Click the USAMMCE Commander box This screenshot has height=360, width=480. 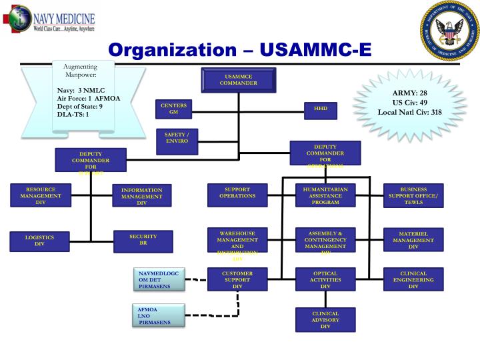coord(238,80)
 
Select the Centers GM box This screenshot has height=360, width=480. coord(174,109)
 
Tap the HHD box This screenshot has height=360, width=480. coord(321,109)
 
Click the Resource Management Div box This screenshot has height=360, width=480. coord(41,196)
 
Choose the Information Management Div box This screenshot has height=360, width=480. coord(142,197)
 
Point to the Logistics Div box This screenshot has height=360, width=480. coord(40,241)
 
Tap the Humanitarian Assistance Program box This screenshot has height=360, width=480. coord(325,196)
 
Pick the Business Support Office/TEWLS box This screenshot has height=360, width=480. coord(413,196)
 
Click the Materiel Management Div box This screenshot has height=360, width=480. coord(413,241)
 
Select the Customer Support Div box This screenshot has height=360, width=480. coord(237,280)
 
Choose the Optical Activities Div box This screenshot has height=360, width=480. coord(325,280)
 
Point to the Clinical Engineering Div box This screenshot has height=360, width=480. coord(413,280)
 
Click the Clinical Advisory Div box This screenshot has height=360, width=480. coord(325,320)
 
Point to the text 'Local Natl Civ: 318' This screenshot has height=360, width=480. coord(410,112)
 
